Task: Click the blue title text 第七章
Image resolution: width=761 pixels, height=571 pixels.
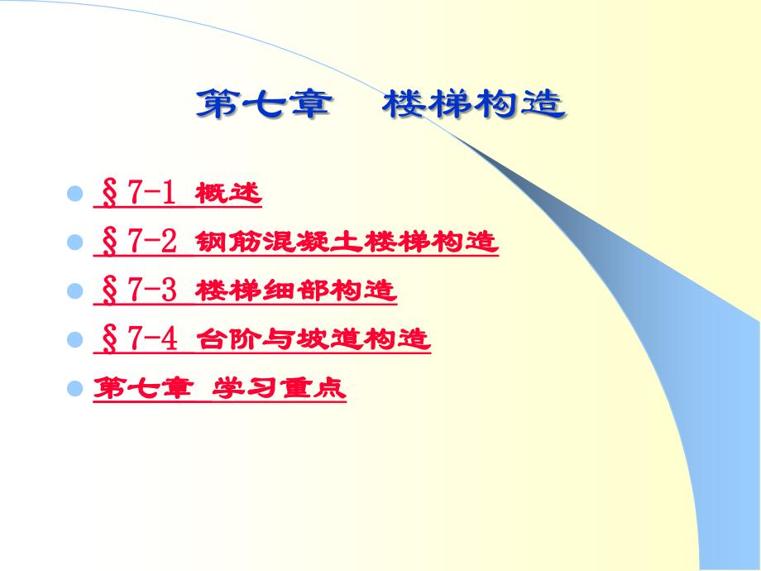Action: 265,104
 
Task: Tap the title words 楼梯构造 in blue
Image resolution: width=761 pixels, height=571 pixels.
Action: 474,104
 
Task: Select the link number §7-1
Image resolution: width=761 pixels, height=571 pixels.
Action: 138,193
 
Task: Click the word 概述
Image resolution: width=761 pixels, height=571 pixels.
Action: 228,194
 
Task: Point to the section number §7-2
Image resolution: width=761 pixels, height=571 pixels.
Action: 139,242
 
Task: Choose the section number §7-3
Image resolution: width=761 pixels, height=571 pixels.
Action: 139,290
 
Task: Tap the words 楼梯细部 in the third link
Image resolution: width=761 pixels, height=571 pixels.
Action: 262,290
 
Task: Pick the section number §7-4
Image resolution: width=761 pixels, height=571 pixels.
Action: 139,338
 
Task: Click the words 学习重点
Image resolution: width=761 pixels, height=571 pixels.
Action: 279,387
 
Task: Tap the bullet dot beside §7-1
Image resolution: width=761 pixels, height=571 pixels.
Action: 74,194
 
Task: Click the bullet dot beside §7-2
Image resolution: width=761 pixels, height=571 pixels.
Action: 74,242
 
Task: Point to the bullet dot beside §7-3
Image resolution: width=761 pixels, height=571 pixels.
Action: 74,290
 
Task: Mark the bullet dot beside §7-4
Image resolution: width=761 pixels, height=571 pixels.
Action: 74,339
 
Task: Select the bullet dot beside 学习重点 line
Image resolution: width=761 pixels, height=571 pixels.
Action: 74,387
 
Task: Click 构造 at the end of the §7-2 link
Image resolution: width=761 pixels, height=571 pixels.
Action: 465,242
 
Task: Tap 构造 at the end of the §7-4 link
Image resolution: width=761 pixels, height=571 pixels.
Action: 397,339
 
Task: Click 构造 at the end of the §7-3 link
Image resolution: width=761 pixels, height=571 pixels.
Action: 363,290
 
